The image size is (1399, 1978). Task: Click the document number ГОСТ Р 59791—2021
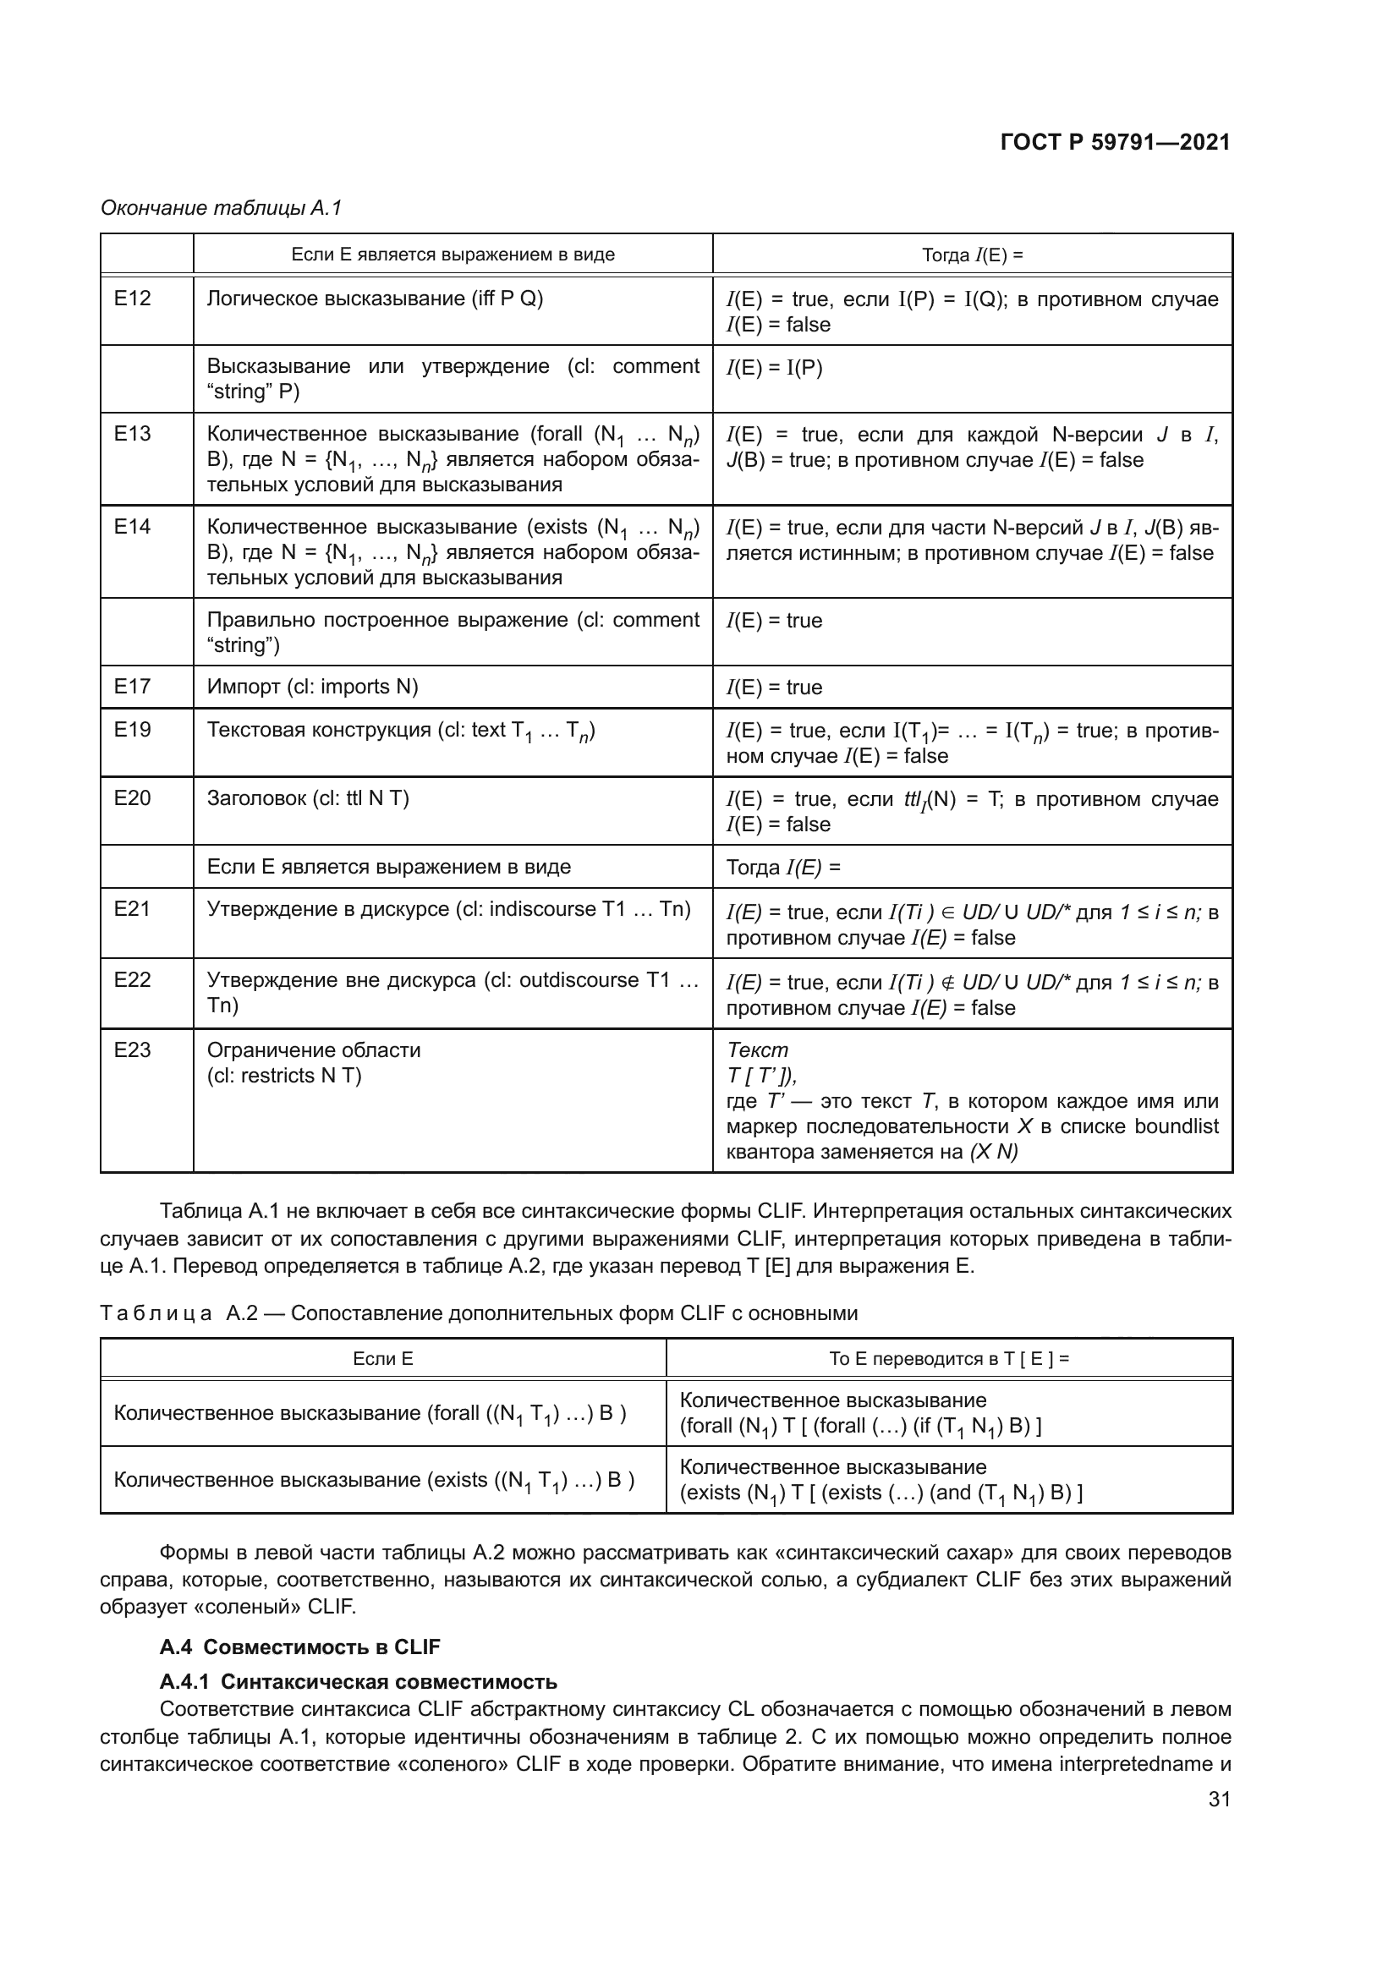[1115, 143]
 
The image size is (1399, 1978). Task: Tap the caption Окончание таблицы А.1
[222, 208]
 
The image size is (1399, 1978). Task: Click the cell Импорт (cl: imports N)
[313, 687]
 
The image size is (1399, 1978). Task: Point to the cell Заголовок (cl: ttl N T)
[308, 797]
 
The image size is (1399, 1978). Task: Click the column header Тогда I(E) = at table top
[972, 255]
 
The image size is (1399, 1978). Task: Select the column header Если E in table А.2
[382, 1359]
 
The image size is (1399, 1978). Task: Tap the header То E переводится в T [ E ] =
[948, 1359]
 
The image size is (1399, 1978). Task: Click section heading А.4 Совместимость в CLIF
[299, 1647]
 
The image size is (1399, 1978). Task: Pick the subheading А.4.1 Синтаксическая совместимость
[359, 1682]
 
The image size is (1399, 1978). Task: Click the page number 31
[1219, 1799]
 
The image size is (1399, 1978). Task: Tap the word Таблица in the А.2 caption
[156, 1313]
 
